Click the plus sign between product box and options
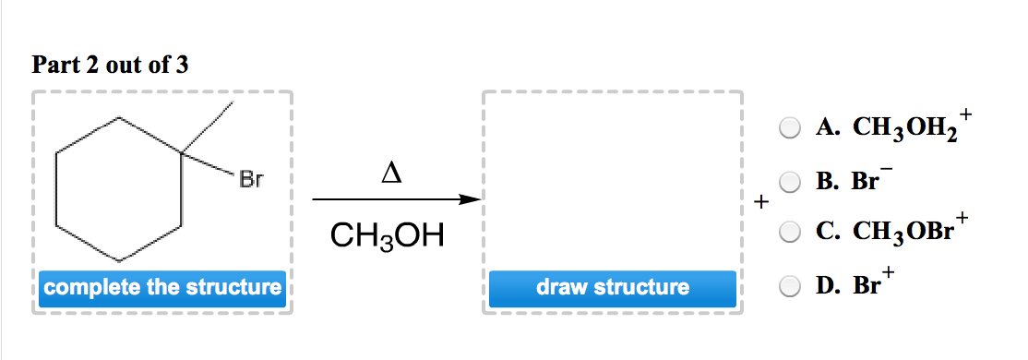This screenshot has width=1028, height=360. point(759,200)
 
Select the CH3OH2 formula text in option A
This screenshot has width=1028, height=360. point(887,128)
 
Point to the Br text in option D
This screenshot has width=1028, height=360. point(867,285)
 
